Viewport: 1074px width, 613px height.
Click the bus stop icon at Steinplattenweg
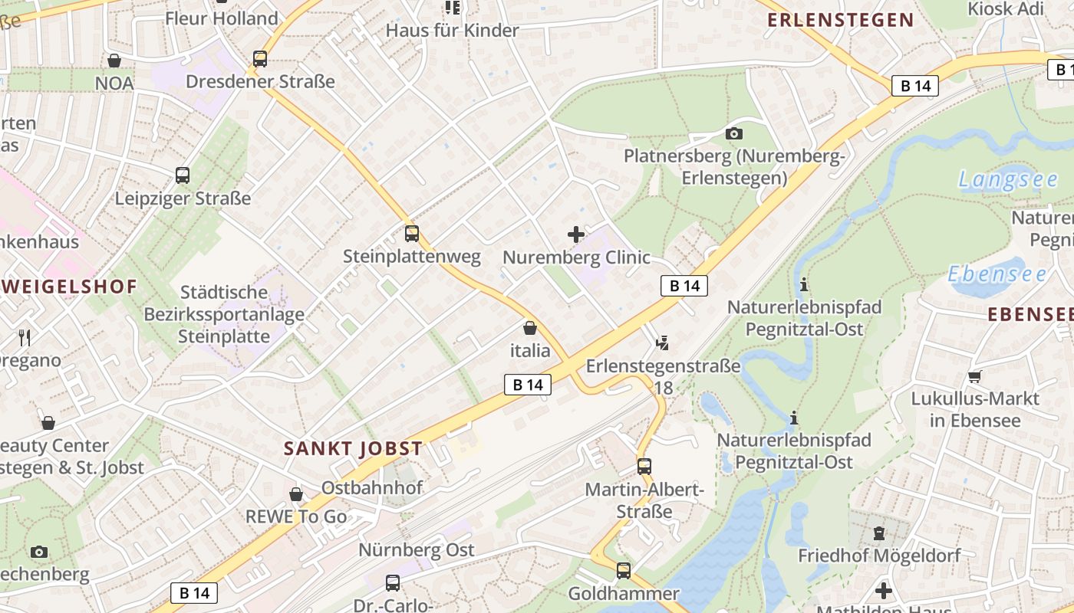[x=412, y=234]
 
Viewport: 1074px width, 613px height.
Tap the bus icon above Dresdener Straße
[x=260, y=59]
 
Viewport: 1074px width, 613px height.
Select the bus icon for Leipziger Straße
[x=183, y=175]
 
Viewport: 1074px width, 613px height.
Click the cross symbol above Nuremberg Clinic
[x=576, y=234]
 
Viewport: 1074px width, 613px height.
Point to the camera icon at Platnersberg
[x=733, y=134]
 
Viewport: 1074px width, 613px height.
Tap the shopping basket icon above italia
[x=530, y=329]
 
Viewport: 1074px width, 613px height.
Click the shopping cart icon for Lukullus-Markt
[x=974, y=376]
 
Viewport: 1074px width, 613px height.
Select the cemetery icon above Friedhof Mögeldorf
[x=879, y=533]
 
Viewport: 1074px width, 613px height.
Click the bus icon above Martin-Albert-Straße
[x=644, y=466]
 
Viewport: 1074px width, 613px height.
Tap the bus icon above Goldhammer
[x=624, y=570]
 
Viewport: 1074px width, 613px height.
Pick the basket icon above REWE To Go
[x=296, y=494]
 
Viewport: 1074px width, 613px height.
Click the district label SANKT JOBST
[x=353, y=449]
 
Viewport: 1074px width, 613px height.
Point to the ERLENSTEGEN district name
[x=841, y=21]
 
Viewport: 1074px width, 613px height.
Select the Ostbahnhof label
[x=372, y=487]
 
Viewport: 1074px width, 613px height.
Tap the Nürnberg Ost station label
[x=417, y=550]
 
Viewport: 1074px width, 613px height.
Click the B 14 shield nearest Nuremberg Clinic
[x=684, y=286]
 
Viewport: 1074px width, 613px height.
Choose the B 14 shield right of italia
[x=528, y=385]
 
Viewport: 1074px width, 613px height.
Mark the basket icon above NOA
[x=114, y=61]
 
